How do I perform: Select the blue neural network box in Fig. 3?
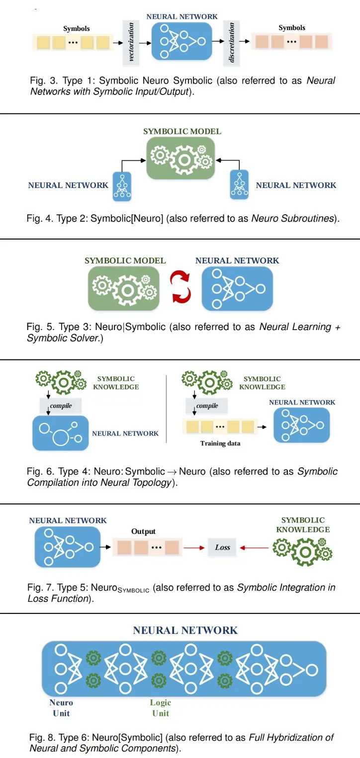(181, 41)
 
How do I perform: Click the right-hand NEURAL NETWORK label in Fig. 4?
(296, 185)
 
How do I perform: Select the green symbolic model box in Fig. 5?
(123, 288)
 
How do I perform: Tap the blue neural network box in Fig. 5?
(237, 289)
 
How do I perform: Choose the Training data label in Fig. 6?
(220, 443)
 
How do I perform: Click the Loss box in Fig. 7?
(222, 547)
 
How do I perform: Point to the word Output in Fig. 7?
(144, 531)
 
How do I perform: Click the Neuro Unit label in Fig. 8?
(61, 708)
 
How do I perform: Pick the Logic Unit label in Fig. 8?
(160, 708)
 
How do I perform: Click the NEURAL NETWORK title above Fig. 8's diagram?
(185, 630)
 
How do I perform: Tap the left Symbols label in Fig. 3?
(77, 28)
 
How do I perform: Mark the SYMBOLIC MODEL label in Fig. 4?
(182, 132)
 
